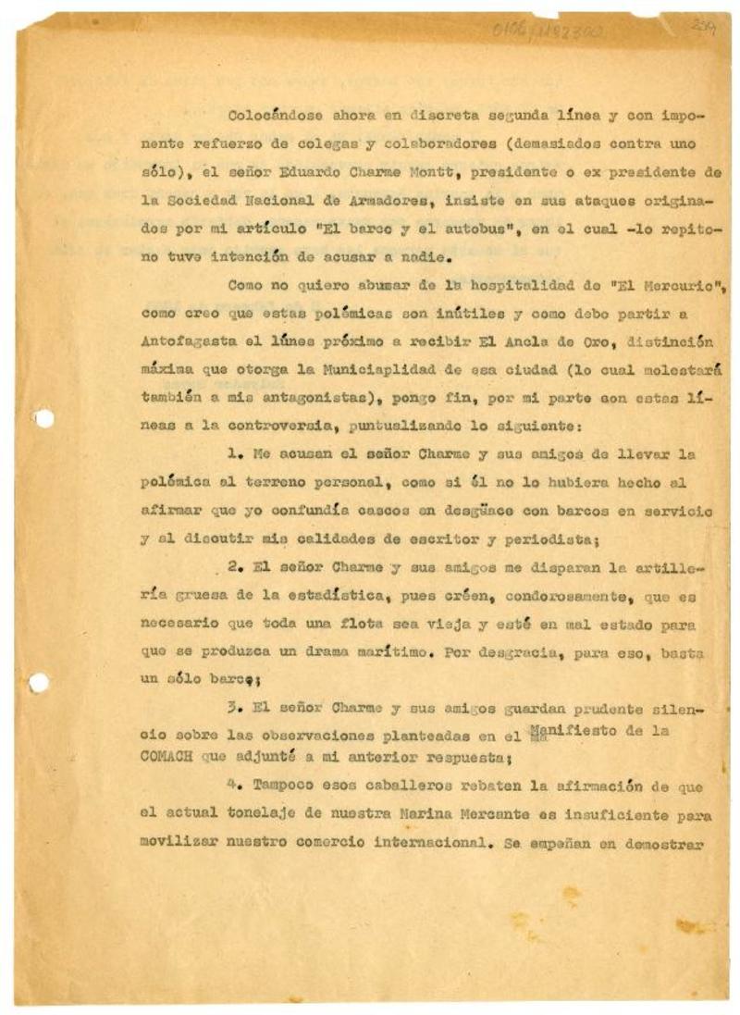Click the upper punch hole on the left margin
pyautogui.click(x=43, y=418)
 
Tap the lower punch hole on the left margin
pyautogui.click(x=39, y=683)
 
